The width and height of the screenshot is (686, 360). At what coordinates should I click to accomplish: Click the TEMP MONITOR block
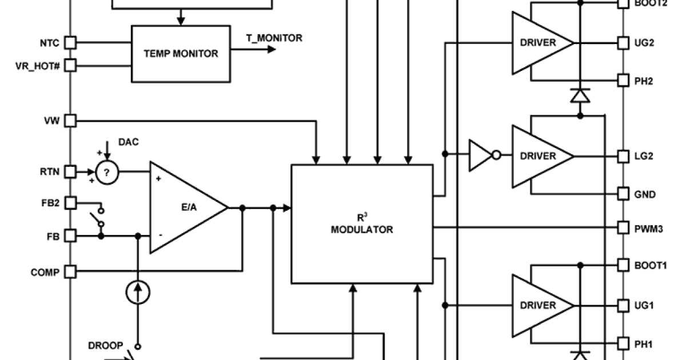pyautogui.click(x=181, y=53)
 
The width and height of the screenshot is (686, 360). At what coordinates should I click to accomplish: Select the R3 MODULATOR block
pyautogui.click(x=362, y=224)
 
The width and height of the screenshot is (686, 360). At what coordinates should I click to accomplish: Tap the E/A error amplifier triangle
pyautogui.click(x=183, y=208)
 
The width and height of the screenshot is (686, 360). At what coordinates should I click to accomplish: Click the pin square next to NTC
pyautogui.click(x=70, y=42)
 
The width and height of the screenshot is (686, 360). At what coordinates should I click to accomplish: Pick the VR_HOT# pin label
pyautogui.click(x=37, y=65)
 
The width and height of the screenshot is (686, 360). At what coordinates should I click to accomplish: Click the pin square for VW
pyautogui.click(x=70, y=121)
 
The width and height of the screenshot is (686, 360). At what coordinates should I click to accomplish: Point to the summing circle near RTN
pyautogui.click(x=106, y=171)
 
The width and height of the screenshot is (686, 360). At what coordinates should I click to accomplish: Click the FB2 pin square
pyautogui.click(x=70, y=202)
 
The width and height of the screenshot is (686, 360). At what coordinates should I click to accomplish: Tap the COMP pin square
pyautogui.click(x=70, y=272)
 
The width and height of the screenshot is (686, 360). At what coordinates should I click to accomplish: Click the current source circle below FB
pyautogui.click(x=137, y=292)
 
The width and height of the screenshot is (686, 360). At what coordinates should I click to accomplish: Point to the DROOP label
pyautogui.click(x=105, y=345)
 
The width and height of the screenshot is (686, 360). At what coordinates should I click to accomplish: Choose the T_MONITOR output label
pyautogui.click(x=274, y=38)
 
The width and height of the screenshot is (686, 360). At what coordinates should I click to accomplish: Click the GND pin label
pyautogui.click(x=644, y=194)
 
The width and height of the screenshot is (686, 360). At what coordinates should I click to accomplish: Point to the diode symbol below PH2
pyautogui.click(x=580, y=96)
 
